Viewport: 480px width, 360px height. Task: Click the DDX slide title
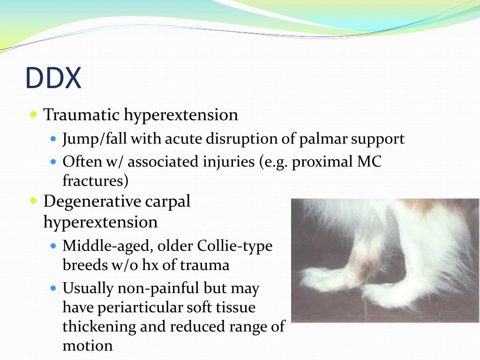coord(53,78)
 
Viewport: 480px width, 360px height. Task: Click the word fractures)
coord(95,181)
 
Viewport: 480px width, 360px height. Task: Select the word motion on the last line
coord(87,346)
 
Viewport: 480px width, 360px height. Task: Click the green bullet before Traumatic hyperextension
coord(33,114)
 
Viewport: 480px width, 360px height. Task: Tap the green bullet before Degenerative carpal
coord(33,201)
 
